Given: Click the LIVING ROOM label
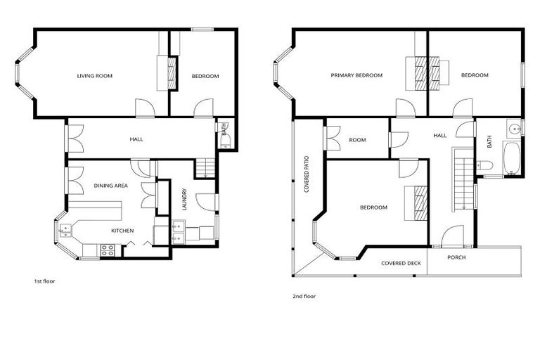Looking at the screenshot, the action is point(95,76).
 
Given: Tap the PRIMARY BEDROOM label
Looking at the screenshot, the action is point(356,75).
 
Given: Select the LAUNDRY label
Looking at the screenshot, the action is point(184,199).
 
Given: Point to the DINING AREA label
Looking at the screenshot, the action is point(111,186).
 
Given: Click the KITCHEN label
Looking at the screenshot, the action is point(122,231).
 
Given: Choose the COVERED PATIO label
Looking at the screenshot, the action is point(307,174).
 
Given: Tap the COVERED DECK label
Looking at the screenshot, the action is point(401,263).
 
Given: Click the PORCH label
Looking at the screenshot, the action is point(456,257).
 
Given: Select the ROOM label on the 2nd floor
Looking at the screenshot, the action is point(357,140).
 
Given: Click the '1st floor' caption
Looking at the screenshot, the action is point(44,281).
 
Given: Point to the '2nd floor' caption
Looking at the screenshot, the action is point(304,296).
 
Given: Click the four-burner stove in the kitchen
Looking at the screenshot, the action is point(107,250).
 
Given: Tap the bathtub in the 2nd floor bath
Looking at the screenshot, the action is point(511,158).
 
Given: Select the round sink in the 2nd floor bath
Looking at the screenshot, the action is point(515,129).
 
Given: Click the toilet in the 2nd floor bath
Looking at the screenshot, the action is point(485,165).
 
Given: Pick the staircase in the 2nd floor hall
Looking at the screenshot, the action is point(463,179).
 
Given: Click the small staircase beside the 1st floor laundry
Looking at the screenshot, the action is point(205,168).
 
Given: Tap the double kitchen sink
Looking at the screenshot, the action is point(65,231).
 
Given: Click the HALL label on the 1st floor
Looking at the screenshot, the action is point(136,139).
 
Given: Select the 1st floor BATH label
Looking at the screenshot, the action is point(224,129).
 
